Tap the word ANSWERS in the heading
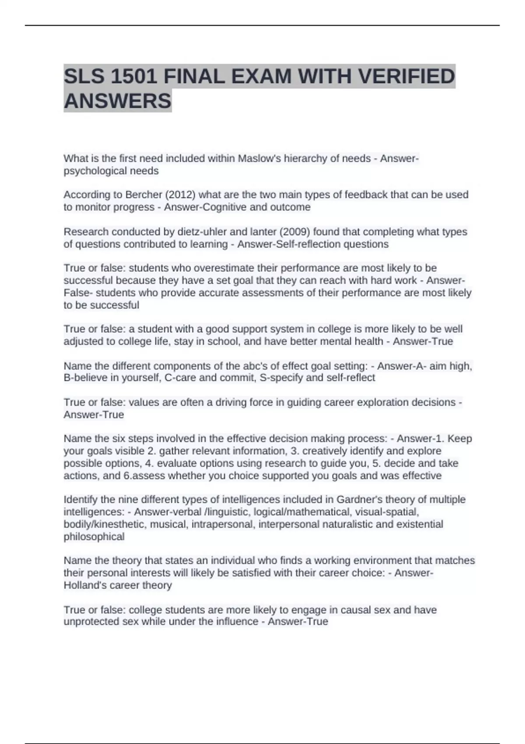[x=118, y=101]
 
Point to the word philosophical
[x=94, y=537]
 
